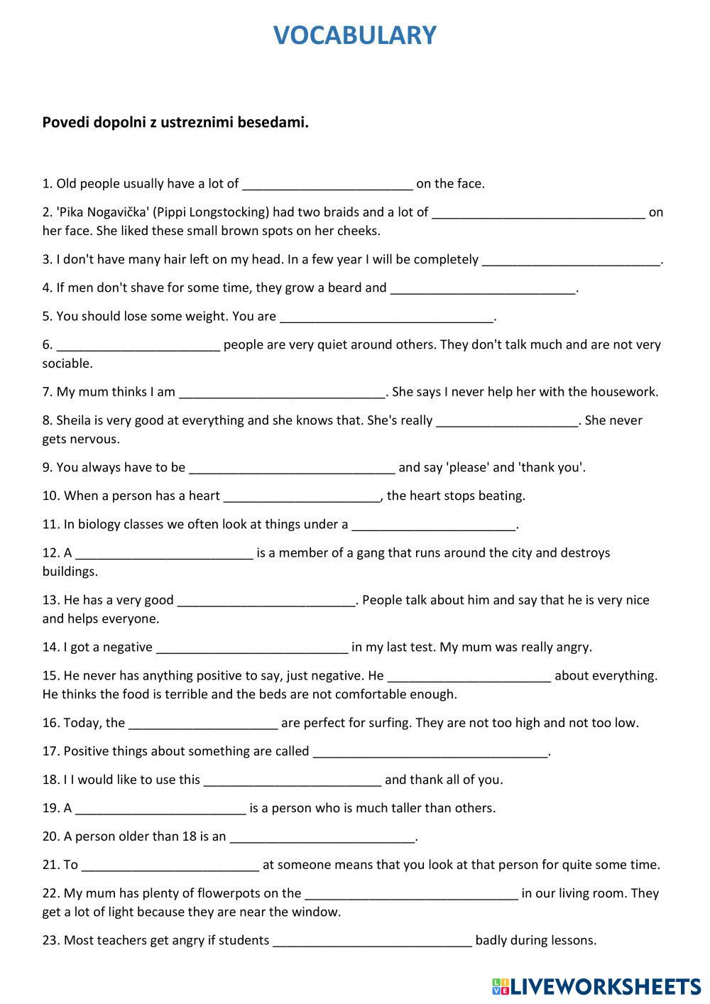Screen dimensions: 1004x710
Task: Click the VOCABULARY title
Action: pyautogui.click(x=354, y=36)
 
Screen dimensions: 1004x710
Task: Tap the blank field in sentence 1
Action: pyautogui.click(x=327, y=184)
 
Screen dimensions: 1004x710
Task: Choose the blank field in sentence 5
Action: pyautogui.click(x=386, y=316)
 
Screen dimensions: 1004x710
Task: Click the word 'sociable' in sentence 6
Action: pyautogui.click(x=67, y=364)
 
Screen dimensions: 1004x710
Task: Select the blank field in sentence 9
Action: pyautogui.click(x=292, y=467)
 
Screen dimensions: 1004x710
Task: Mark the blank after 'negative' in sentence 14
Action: pyautogui.click(x=252, y=647)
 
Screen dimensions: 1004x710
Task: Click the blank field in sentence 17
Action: pyautogui.click(x=430, y=751)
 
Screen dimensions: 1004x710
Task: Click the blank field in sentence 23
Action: pyautogui.click(x=372, y=940)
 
